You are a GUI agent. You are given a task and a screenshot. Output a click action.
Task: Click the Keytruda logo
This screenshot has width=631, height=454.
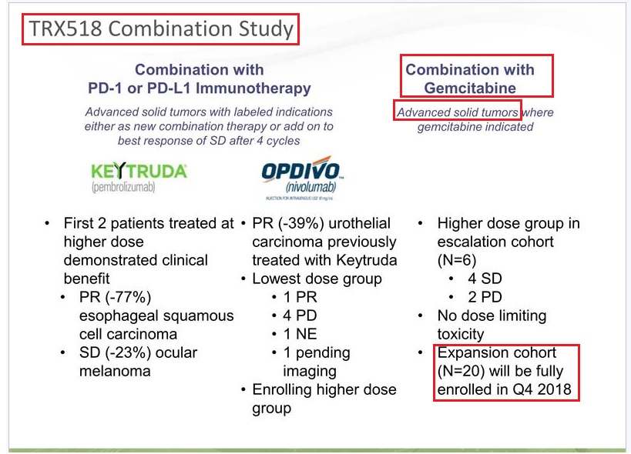pos(139,178)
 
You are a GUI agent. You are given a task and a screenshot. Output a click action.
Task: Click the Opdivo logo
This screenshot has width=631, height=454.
pos(302,178)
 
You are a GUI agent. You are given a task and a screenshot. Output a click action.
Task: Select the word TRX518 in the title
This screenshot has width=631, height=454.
pos(65,29)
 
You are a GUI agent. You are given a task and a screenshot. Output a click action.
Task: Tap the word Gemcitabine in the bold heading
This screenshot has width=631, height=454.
pos(470,88)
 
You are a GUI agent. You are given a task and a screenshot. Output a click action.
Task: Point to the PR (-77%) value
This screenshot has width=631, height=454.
pos(115,297)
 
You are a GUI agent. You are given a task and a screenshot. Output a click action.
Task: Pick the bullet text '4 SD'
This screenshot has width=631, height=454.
pos(485,279)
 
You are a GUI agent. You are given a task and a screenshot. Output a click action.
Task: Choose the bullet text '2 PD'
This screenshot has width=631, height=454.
pos(485,297)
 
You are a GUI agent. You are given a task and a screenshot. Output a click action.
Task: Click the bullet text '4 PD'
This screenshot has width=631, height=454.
pos(300,315)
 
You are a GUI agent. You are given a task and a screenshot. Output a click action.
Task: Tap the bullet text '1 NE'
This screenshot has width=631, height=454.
pos(300,334)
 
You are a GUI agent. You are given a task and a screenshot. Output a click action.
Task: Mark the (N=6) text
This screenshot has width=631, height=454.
pos(457,260)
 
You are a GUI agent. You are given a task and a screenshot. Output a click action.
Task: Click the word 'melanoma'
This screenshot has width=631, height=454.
pos(115,371)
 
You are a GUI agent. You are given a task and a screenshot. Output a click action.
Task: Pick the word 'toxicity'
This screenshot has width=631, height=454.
pos(461,335)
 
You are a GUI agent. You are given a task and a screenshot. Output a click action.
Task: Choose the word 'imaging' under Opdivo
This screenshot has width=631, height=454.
pos(310,372)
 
